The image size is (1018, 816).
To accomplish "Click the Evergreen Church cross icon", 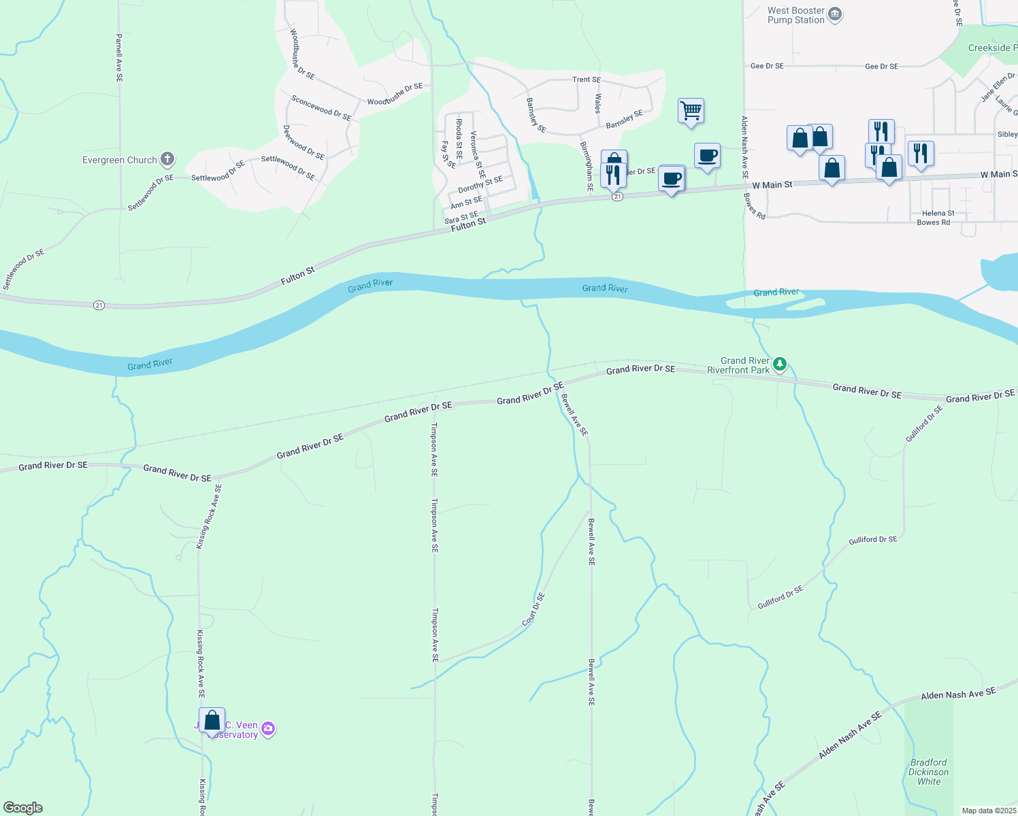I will pos(167,160).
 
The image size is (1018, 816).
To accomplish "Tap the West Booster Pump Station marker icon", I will pos(835,14).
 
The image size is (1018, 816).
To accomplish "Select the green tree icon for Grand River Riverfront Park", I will pos(780,364).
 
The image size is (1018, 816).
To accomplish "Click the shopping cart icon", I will pos(691,109).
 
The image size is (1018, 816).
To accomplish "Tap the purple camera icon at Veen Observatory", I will pos(268,729).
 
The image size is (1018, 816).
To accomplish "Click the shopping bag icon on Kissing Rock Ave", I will pos(212,720).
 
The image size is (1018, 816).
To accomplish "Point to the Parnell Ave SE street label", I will pos(119,58).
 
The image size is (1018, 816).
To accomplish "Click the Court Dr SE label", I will pos(533,609).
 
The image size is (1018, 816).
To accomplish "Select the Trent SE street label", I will pos(586,80).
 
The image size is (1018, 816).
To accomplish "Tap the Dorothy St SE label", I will pos(480,184).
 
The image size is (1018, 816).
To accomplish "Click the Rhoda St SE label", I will pos(459,139).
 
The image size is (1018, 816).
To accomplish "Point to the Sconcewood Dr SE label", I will pos(321,108).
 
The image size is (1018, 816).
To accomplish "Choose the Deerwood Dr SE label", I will pos(303,142).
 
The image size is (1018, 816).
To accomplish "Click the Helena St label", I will pos(938,213).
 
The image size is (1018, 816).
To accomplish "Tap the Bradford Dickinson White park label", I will pos(928,772).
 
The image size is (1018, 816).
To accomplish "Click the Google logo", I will pos(23,808).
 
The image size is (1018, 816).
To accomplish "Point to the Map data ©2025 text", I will pos(989,811).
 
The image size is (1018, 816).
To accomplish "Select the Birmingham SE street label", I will pos(585,166).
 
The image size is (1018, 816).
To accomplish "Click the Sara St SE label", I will pos(461,218).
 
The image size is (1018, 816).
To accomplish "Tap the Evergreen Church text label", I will pos(120,160).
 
